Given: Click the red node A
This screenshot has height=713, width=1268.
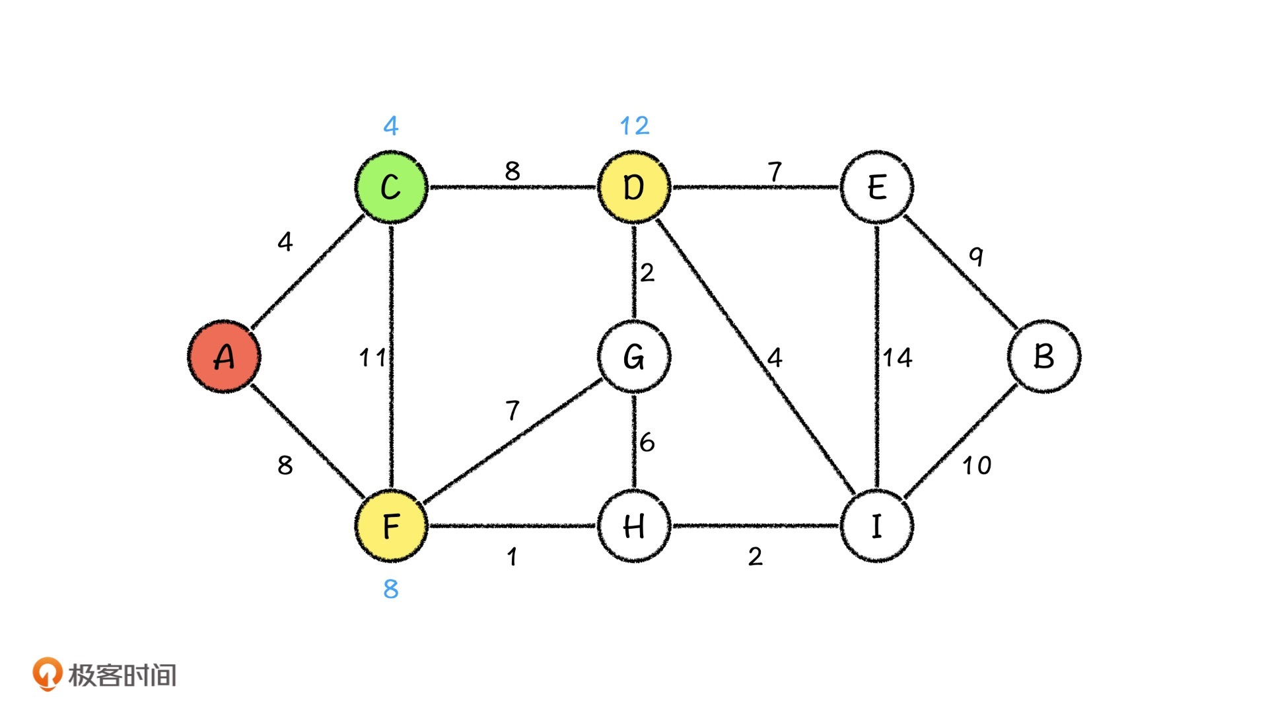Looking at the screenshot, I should (224, 356).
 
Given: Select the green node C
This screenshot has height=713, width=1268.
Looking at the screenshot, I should (391, 187).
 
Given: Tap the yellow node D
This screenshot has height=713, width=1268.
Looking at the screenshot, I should (634, 187).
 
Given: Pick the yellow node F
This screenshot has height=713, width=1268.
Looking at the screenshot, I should (391, 526).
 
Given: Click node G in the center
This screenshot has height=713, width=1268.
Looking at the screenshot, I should (634, 356).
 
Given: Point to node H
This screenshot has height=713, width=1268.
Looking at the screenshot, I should (634, 526).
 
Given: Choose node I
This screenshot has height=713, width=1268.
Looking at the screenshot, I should (876, 526).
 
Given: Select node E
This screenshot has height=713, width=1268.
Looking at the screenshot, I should (876, 187).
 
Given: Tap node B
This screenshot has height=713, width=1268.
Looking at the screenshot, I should (1043, 356).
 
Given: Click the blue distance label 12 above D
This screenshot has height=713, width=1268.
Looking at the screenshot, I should (634, 125).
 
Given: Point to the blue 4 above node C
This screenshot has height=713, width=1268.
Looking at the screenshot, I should (391, 125).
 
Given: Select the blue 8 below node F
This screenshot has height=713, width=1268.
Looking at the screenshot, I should (391, 588).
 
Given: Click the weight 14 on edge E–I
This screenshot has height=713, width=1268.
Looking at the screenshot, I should (898, 358).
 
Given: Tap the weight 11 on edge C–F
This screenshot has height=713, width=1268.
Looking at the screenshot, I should (372, 358).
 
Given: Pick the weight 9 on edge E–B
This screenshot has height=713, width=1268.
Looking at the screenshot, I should (976, 255).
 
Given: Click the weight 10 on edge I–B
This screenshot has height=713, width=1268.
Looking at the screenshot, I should (976, 465).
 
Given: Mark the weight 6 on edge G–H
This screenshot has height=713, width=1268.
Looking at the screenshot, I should (647, 442).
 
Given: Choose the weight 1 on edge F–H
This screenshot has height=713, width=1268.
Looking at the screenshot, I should (512, 557).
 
